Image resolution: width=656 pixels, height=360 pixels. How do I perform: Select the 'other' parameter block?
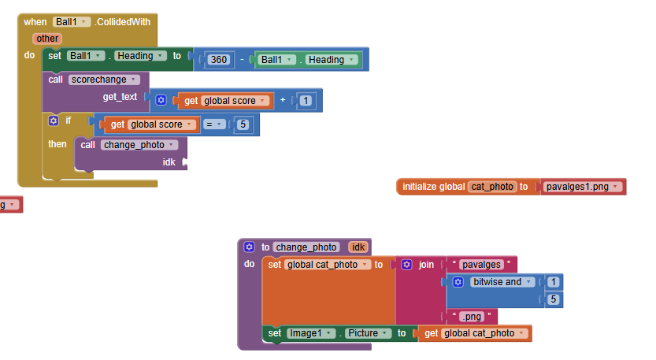click(x=47, y=39)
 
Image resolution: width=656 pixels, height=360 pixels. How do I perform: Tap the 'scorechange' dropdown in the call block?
click(x=104, y=80)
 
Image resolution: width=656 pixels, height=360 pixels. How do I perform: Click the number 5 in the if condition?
click(x=245, y=124)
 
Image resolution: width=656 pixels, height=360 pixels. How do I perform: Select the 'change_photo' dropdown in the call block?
click(x=139, y=145)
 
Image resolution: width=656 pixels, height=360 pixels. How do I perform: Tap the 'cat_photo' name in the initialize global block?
click(x=492, y=187)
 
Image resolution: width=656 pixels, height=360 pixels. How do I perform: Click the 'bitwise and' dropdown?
click(x=501, y=282)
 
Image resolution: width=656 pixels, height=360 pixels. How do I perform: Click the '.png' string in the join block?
click(x=471, y=317)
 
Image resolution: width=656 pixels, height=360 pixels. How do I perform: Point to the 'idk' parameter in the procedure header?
click(x=358, y=247)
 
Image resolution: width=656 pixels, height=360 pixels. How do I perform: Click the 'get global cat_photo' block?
click(x=475, y=333)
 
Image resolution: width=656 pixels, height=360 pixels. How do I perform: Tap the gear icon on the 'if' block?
click(x=54, y=121)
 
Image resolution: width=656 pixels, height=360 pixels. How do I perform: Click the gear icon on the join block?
click(x=406, y=265)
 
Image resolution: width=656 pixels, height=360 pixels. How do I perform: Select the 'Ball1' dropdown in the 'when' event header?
click(x=72, y=22)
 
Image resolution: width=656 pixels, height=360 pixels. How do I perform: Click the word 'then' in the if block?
click(x=57, y=144)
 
